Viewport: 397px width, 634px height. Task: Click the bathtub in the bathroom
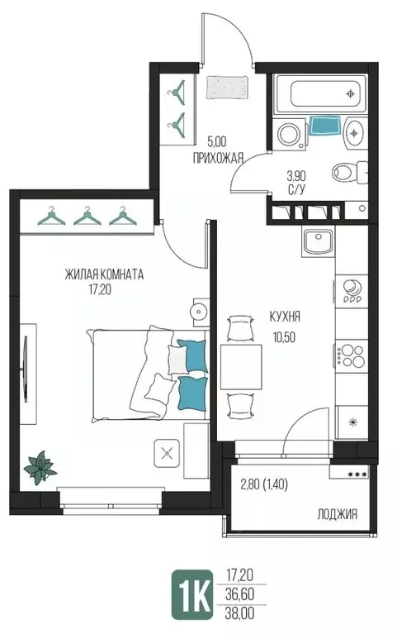pos(321,93)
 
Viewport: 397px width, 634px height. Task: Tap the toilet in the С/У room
pos(350,173)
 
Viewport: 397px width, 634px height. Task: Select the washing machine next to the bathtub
pos(290,133)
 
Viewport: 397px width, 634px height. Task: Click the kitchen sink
pos(318,241)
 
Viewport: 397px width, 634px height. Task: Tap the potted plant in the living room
pos(40,468)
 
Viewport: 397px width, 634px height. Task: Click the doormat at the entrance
pos(227,87)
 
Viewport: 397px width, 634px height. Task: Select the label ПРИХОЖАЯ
pos(218,158)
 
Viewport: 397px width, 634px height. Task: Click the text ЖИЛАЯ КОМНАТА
pos(104,275)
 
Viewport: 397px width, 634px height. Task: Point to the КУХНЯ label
pos(285,317)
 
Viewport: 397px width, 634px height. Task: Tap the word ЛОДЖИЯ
pos(338,514)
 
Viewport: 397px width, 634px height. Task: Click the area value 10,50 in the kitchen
pos(284,336)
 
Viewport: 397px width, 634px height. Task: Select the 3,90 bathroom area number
pos(296,176)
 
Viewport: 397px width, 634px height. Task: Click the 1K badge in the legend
pos(191,594)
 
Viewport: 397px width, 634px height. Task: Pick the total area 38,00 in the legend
pos(239,614)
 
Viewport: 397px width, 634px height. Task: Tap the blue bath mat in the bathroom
pos(325,126)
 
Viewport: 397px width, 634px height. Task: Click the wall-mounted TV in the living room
pos(26,369)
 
